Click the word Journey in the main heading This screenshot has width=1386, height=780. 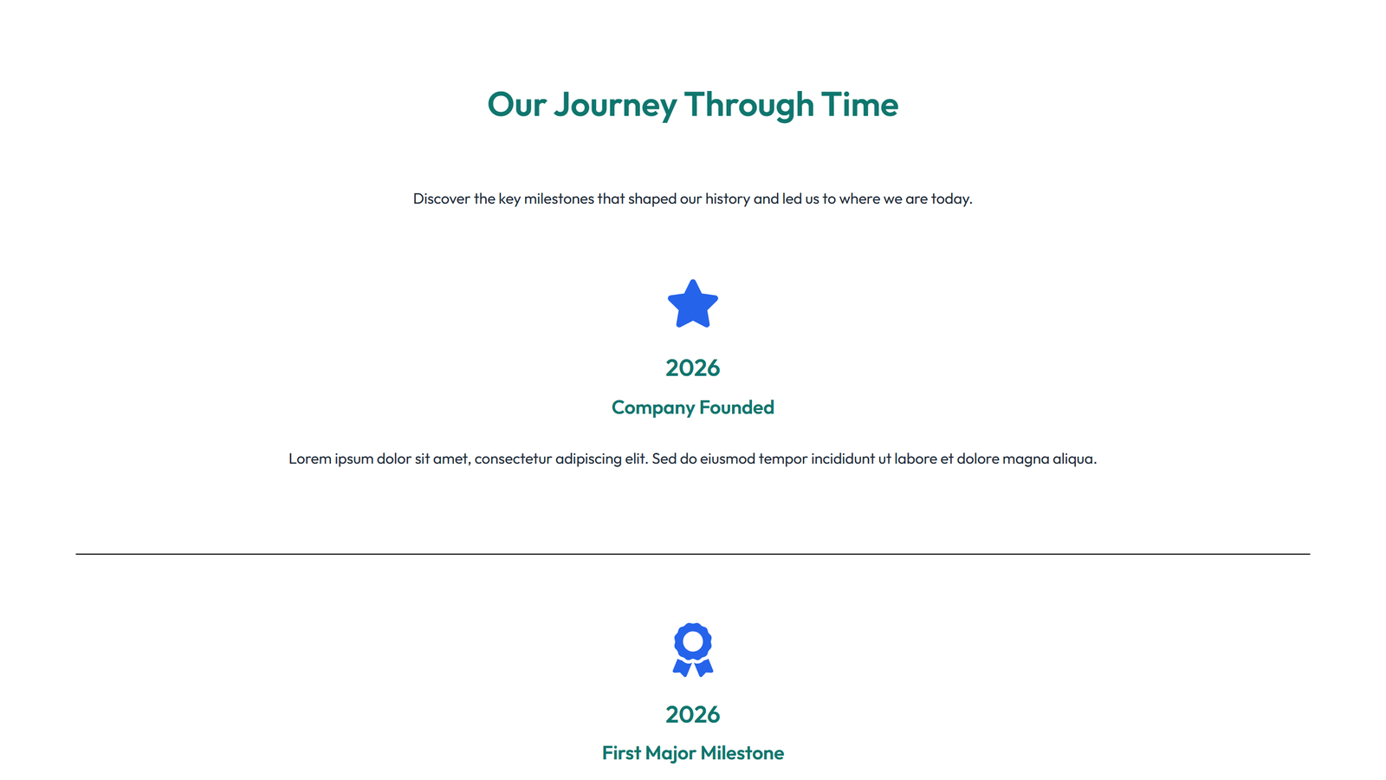point(615,105)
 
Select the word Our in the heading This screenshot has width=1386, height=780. point(516,105)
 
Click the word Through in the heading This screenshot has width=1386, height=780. point(748,105)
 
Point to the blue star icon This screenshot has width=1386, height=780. point(693,304)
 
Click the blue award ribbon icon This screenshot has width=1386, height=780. point(693,649)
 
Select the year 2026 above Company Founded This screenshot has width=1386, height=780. point(693,368)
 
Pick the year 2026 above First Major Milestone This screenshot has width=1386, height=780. point(693,715)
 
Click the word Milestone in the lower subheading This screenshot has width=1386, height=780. point(742,753)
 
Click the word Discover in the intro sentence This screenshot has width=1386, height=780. point(441,198)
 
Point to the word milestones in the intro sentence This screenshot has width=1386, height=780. point(559,198)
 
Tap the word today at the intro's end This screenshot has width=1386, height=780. point(950,198)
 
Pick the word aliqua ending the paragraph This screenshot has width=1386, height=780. point(1073,458)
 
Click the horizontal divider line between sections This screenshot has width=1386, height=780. point(693,554)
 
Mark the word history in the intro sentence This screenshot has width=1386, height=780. point(727,198)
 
